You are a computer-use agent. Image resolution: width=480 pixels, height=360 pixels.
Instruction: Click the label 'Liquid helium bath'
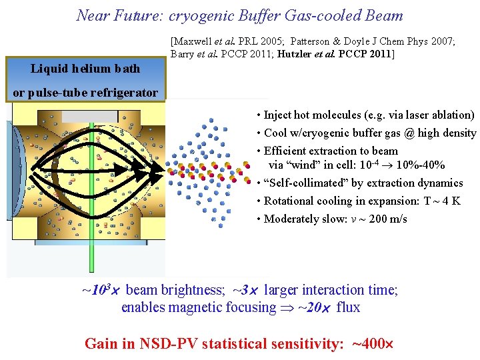coord(85,69)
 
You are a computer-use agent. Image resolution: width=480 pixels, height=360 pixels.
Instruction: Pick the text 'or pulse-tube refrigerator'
coord(85,93)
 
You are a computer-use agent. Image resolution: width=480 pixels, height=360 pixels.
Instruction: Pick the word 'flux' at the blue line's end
coord(348,307)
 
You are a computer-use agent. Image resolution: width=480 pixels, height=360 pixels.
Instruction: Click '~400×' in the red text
coord(372,344)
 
